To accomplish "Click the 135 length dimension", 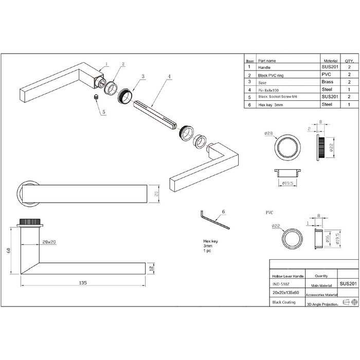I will [83, 282].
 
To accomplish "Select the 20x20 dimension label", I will [50, 241].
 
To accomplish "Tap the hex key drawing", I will [213, 221].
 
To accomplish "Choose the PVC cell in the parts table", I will [326, 75].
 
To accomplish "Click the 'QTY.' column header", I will [348, 60].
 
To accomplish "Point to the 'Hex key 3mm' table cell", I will [272, 104].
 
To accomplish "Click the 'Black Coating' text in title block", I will [284, 302].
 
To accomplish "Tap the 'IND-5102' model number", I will [281, 283].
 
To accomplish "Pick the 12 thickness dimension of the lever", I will [150, 268].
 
